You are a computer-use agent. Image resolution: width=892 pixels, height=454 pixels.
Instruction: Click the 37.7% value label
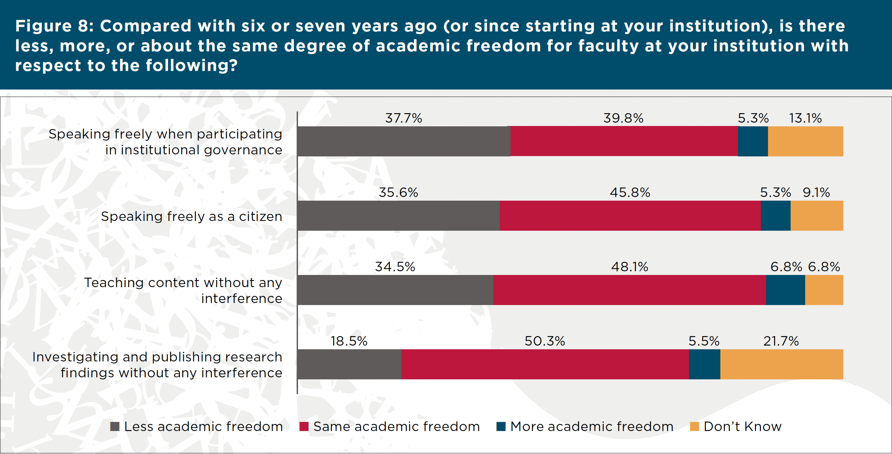click(403, 119)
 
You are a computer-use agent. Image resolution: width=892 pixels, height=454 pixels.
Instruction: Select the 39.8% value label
click(623, 119)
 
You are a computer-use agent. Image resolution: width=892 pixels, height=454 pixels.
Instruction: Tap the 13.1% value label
click(805, 119)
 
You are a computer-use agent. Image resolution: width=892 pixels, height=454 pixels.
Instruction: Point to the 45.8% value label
click(630, 193)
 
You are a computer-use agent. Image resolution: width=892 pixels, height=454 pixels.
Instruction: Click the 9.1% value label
click(816, 193)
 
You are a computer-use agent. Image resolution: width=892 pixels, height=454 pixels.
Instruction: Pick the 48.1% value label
click(629, 267)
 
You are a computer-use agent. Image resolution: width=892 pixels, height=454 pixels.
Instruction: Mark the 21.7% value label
click(781, 342)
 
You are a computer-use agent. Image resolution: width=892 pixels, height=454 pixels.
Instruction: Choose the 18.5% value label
click(349, 342)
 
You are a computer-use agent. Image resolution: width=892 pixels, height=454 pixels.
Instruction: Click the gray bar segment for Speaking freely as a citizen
click(398, 216)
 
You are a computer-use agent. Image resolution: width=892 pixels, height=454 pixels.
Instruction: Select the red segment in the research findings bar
click(545, 364)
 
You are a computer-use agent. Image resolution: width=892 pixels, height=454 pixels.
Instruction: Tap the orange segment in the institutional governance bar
click(805, 141)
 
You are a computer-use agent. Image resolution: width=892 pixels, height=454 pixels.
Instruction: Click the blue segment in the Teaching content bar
click(785, 290)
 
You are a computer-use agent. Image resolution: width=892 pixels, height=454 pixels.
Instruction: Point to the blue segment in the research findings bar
click(704, 364)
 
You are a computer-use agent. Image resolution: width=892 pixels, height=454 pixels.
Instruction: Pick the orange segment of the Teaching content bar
click(824, 290)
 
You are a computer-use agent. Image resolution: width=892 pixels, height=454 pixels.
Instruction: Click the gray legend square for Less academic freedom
click(115, 427)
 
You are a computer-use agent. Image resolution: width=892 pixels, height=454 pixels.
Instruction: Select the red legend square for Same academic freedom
click(304, 427)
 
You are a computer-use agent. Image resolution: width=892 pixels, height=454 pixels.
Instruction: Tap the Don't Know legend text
click(742, 427)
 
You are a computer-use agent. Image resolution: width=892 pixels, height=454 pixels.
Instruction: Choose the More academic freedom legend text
click(592, 427)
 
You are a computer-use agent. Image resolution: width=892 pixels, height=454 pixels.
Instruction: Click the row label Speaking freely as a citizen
click(192, 217)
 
